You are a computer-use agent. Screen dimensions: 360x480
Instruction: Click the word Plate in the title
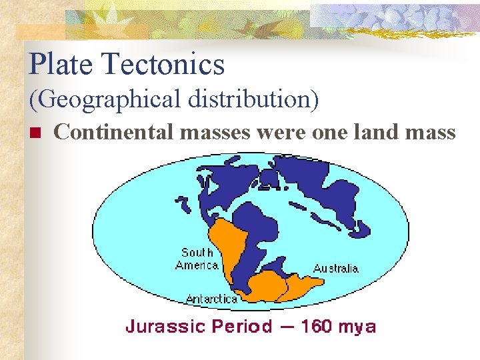click(x=61, y=65)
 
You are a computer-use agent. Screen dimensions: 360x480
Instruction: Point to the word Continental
click(x=115, y=132)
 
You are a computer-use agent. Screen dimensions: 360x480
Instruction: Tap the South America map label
click(x=197, y=259)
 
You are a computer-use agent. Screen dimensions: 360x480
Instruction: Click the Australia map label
click(x=335, y=269)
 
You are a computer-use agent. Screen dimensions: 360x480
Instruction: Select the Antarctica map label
click(x=211, y=299)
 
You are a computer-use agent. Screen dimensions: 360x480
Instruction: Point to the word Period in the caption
click(x=242, y=327)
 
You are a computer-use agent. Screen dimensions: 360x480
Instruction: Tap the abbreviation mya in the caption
click(x=359, y=327)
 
